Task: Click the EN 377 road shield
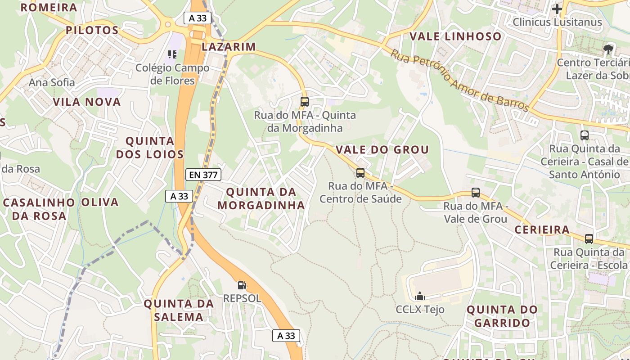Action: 203,175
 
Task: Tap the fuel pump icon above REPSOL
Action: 242,285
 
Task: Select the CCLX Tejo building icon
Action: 420,296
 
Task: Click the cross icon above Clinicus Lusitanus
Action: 557,9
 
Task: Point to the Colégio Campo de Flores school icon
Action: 172,54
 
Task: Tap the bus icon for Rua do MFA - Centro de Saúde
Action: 360,172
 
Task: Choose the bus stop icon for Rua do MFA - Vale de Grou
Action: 476,193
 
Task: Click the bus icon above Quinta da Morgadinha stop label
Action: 305,101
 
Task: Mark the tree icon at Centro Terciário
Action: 609,49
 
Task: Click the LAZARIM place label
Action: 229,46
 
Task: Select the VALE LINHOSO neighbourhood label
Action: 455,36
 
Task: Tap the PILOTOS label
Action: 92,30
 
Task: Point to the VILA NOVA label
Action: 87,102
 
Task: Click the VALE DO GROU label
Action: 382,149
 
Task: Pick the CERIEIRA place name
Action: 542,229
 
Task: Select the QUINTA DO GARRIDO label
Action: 502,316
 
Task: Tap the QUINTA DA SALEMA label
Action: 179,310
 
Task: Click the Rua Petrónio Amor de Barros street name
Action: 459,81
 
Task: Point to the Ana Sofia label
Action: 52,82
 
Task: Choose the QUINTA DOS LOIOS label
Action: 150,148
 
